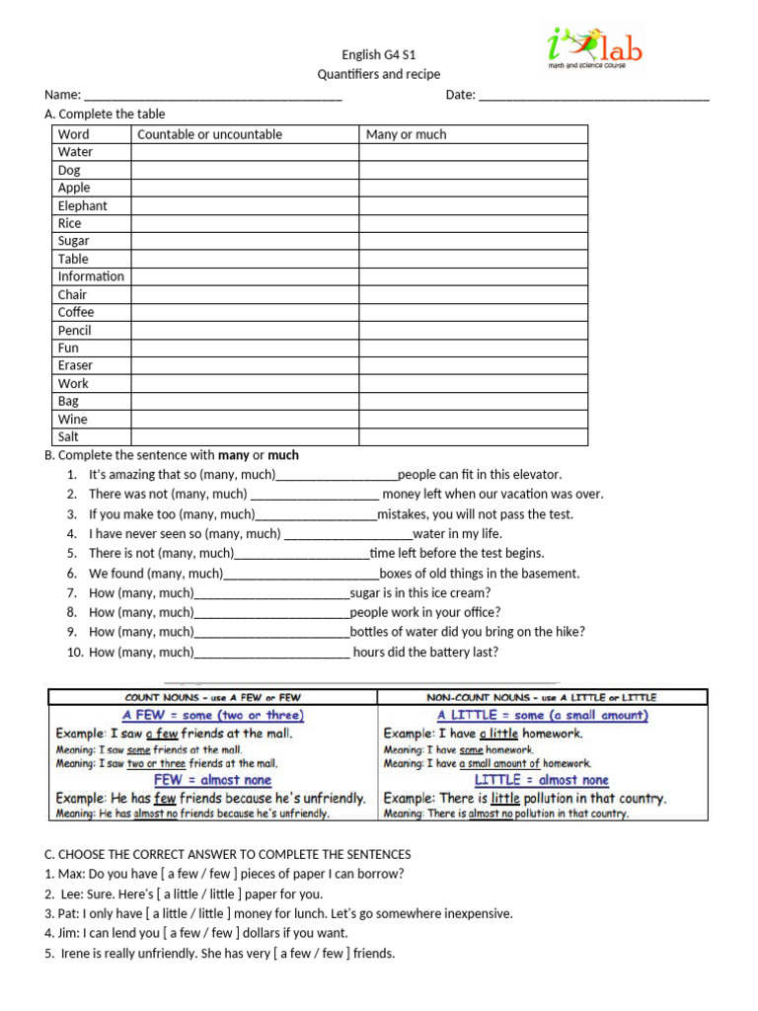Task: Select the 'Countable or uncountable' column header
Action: click(209, 134)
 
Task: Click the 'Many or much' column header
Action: click(406, 134)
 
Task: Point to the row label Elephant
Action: click(82, 205)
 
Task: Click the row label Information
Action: click(91, 276)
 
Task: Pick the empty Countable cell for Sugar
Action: click(245, 241)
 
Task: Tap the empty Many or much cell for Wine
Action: click(473, 419)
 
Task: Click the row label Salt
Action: click(68, 436)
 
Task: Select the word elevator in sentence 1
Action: click(534, 474)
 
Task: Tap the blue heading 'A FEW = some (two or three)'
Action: click(213, 715)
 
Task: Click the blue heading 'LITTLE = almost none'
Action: click(542, 780)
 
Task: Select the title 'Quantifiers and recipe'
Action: click(379, 74)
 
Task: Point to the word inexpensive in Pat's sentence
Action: click(478, 913)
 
